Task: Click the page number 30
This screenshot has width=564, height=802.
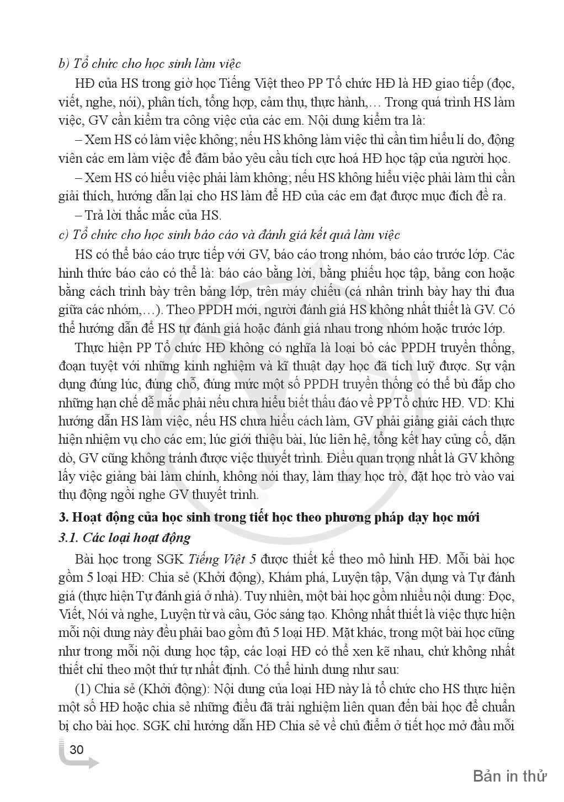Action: [x=77, y=750]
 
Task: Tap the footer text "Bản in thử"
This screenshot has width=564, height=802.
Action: [x=509, y=776]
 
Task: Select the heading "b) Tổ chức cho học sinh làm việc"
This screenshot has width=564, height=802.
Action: [x=149, y=64]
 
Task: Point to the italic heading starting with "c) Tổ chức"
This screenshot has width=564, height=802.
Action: [x=228, y=235]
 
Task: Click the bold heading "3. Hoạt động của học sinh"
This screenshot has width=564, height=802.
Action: [x=269, y=517]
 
